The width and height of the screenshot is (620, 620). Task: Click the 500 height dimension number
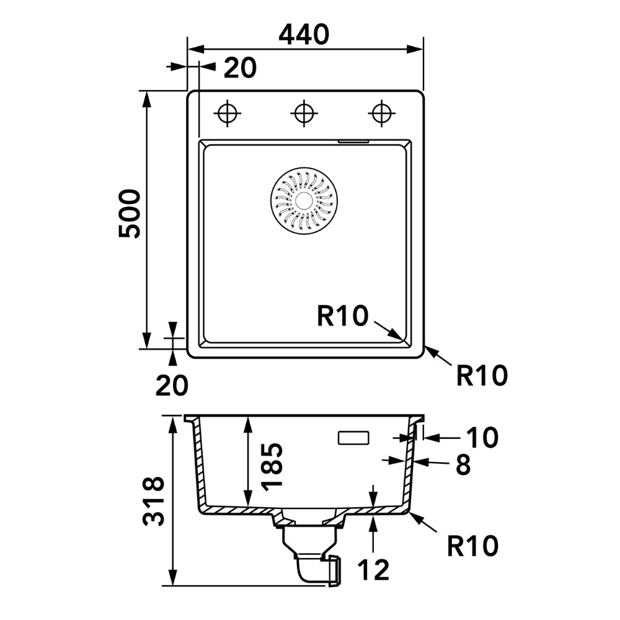coord(130,213)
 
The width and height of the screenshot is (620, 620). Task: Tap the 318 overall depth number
coord(153,501)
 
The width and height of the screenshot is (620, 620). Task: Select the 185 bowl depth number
coord(272,467)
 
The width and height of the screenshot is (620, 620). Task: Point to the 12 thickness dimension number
coord(373,570)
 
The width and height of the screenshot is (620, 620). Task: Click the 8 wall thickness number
coord(463,464)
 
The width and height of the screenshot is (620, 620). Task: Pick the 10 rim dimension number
coord(482,438)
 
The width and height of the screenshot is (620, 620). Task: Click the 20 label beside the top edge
coord(240,68)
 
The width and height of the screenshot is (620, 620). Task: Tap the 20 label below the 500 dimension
coord(172,386)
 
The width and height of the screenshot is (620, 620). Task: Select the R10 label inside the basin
coord(342,316)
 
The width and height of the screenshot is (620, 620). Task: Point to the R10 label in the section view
coord(472,546)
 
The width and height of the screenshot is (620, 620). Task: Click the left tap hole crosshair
coord(228,113)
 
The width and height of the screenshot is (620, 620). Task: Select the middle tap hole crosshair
coord(304,113)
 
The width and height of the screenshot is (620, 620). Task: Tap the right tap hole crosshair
coord(381,113)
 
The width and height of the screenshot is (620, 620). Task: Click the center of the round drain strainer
coord(304,200)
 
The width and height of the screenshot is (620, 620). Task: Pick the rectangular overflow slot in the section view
coord(353,438)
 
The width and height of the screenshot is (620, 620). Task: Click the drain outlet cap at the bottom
coord(335,570)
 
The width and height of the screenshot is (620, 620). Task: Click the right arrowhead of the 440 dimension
coord(415,50)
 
